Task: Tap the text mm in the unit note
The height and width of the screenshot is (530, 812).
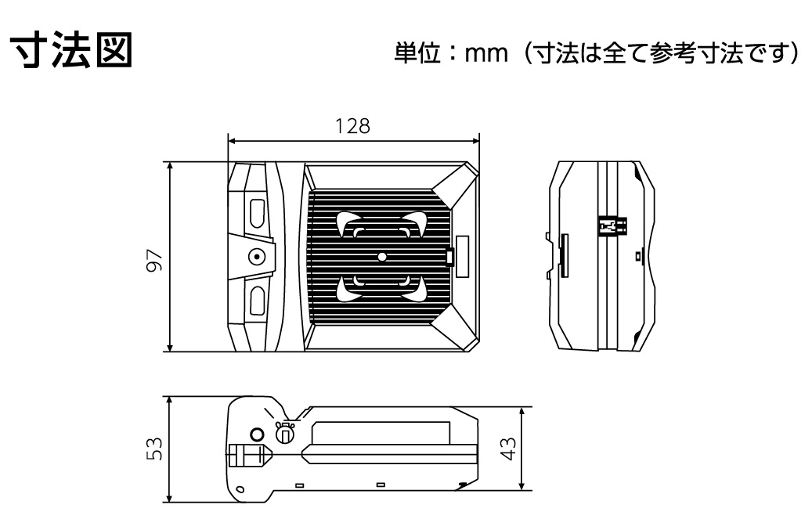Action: (x=485, y=52)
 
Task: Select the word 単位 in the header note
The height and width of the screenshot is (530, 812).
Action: (x=417, y=52)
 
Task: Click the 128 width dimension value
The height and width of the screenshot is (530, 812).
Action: (x=352, y=126)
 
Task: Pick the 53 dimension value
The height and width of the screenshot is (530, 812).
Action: (x=155, y=449)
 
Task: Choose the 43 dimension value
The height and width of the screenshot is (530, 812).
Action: (x=509, y=449)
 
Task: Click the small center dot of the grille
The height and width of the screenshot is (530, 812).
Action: (x=382, y=257)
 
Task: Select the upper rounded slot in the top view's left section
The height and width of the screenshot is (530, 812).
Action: (x=258, y=215)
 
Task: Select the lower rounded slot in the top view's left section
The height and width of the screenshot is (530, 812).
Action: (x=258, y=301)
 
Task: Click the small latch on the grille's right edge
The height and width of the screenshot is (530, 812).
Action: (x=450, y=256)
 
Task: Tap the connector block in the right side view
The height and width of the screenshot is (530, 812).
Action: (x=612, y=225)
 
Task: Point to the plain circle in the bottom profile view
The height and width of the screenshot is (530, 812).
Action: (x=257, y=434)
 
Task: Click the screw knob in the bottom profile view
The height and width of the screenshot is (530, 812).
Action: (x=284, y=433)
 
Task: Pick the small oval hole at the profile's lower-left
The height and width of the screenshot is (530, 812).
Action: (x=240, y=489)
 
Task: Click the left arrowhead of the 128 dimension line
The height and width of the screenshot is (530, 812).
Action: (x=232, y=140)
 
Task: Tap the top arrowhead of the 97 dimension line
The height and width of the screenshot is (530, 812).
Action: (x=170, y=166)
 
